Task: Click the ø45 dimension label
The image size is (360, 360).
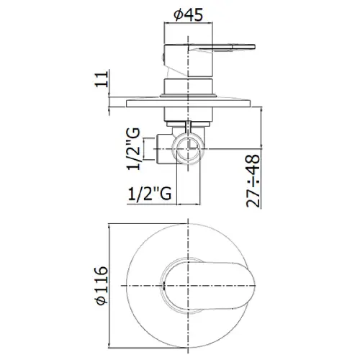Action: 188,15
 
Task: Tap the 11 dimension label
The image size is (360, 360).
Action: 102,79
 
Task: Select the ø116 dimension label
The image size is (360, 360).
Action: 102,285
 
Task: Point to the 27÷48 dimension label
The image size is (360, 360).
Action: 253,181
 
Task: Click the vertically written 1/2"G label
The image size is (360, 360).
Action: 133,149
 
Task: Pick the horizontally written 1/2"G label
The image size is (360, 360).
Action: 150,194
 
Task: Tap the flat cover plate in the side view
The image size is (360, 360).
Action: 189,104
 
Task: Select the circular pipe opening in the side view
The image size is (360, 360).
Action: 189,148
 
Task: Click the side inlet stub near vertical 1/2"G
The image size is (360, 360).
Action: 165,149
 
